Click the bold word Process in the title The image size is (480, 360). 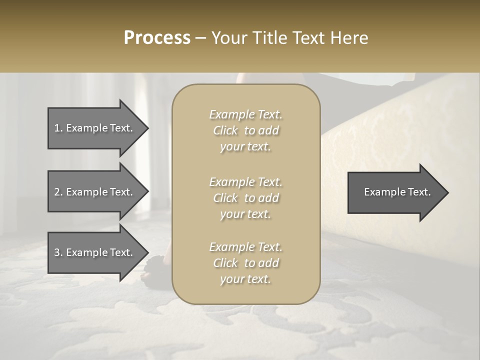[x=157, y=38]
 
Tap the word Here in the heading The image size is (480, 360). [x=350, y=38]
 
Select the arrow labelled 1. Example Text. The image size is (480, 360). [x=95, y=128]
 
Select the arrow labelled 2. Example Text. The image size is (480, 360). [x=95, y=192]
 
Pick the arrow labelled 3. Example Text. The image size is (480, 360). [x=95, y=252]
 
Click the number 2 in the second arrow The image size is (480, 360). [x=57, y=192]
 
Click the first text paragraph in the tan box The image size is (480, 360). [x=245, y=130]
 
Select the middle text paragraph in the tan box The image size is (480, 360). [x=245, y=198]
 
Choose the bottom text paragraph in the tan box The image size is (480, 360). [x=245, y=263]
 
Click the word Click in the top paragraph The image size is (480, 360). [x=225, y=130]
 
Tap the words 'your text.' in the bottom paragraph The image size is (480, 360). [x=245, y=279]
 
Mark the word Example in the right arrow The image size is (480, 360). [x=383, y=192]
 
